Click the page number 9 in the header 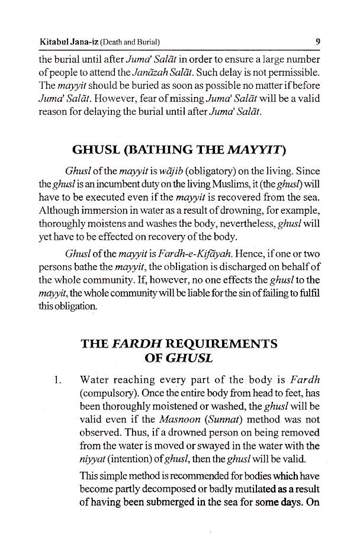[318, 41]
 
